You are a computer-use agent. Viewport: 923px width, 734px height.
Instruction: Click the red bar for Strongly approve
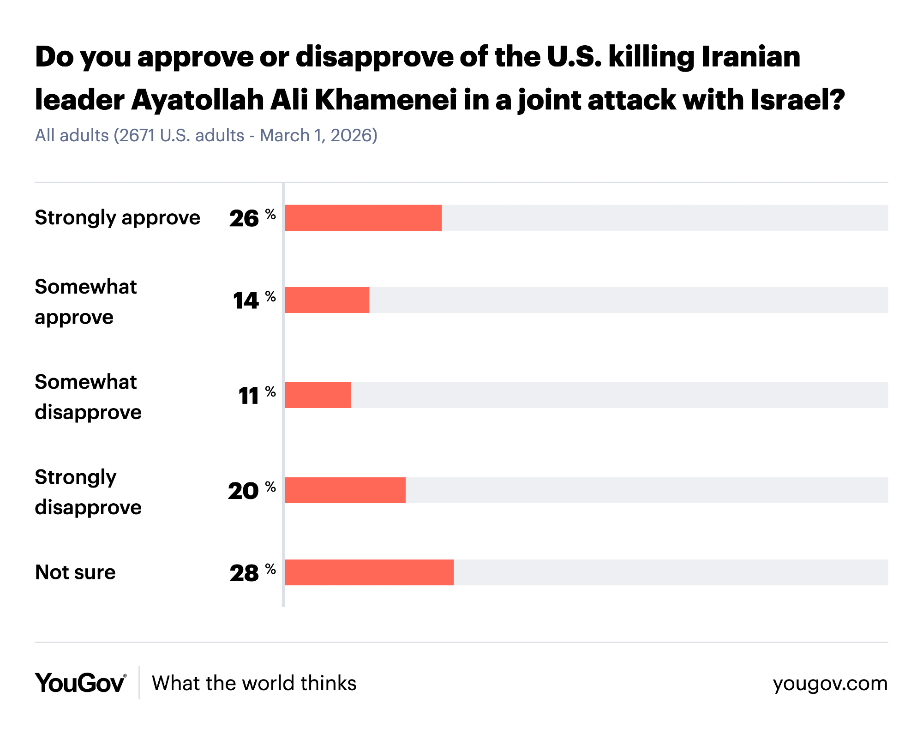click(x=363, y=218)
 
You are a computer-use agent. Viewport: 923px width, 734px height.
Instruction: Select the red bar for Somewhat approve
click(x=327, y=300)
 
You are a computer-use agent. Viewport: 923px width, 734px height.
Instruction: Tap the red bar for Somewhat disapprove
click(x=318, y=395)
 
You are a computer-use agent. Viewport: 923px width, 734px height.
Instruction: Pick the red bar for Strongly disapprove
click(x=345, y=490)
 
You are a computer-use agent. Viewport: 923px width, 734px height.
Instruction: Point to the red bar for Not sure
click(x=369, y=572)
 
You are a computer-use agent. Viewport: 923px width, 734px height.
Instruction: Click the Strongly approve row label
click(x=117, y=218)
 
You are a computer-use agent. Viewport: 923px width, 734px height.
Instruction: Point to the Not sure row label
click(x=75, y=572)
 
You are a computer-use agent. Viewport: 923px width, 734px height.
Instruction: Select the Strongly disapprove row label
click(x=88, y=492)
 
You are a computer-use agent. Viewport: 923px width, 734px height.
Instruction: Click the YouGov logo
click(x=80, y=683)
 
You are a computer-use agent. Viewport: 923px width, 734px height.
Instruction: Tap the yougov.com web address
click(x=830, y=683)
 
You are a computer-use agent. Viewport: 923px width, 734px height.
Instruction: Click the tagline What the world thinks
click(x=254, y=683)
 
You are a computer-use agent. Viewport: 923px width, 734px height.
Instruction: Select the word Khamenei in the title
click(x=386, y=100)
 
